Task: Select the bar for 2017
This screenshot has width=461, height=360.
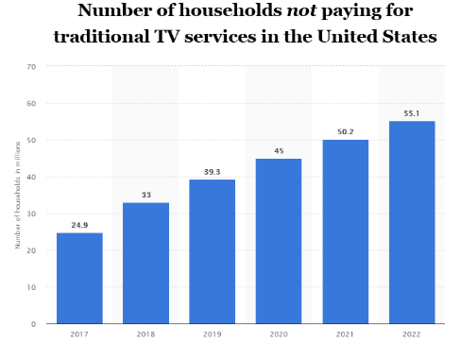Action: coord(79,278)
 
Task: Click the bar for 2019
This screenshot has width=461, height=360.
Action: coord(212,251)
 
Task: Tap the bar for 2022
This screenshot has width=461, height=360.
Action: coord(412,222)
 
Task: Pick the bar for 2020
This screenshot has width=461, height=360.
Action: coord(279,241)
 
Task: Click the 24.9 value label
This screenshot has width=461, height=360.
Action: coord(79,225)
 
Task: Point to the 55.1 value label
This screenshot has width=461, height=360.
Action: coord(412,113)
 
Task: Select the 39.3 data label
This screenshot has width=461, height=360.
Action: coord(212,172)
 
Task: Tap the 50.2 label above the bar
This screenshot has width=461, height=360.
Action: coord(346,131)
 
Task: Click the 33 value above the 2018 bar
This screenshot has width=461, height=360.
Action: coord(146,195)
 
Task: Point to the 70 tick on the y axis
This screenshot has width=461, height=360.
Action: coord(31,67)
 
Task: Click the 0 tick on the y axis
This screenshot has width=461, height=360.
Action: coord(33,324)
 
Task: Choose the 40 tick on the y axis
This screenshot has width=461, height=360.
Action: coord(31,177)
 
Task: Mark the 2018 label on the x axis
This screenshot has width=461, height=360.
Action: coord(145,334)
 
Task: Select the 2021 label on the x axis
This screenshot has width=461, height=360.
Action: coord(345,334)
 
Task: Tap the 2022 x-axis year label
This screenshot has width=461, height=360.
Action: coord(412,334)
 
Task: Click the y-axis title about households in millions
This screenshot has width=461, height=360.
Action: coord(18,195)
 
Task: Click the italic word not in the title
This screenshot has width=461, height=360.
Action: coord(301,10)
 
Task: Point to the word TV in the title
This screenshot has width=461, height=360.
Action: coord(167,36)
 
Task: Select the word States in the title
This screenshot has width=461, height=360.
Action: coord(409,36)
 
